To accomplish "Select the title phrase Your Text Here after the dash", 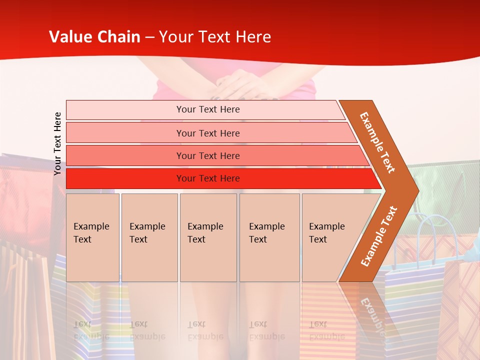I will [215, 37].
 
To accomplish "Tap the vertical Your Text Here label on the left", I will [58, 143].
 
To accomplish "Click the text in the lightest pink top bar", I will [208, 109].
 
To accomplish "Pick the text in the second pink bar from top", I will [208, 133].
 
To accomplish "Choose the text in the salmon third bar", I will [208, 156].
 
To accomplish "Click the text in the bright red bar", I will [208, 178].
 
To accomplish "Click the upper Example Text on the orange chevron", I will [377, 142].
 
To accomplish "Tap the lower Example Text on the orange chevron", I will [379, 236].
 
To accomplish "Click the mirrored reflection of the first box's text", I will [91, 330].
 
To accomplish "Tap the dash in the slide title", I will [149, 37].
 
